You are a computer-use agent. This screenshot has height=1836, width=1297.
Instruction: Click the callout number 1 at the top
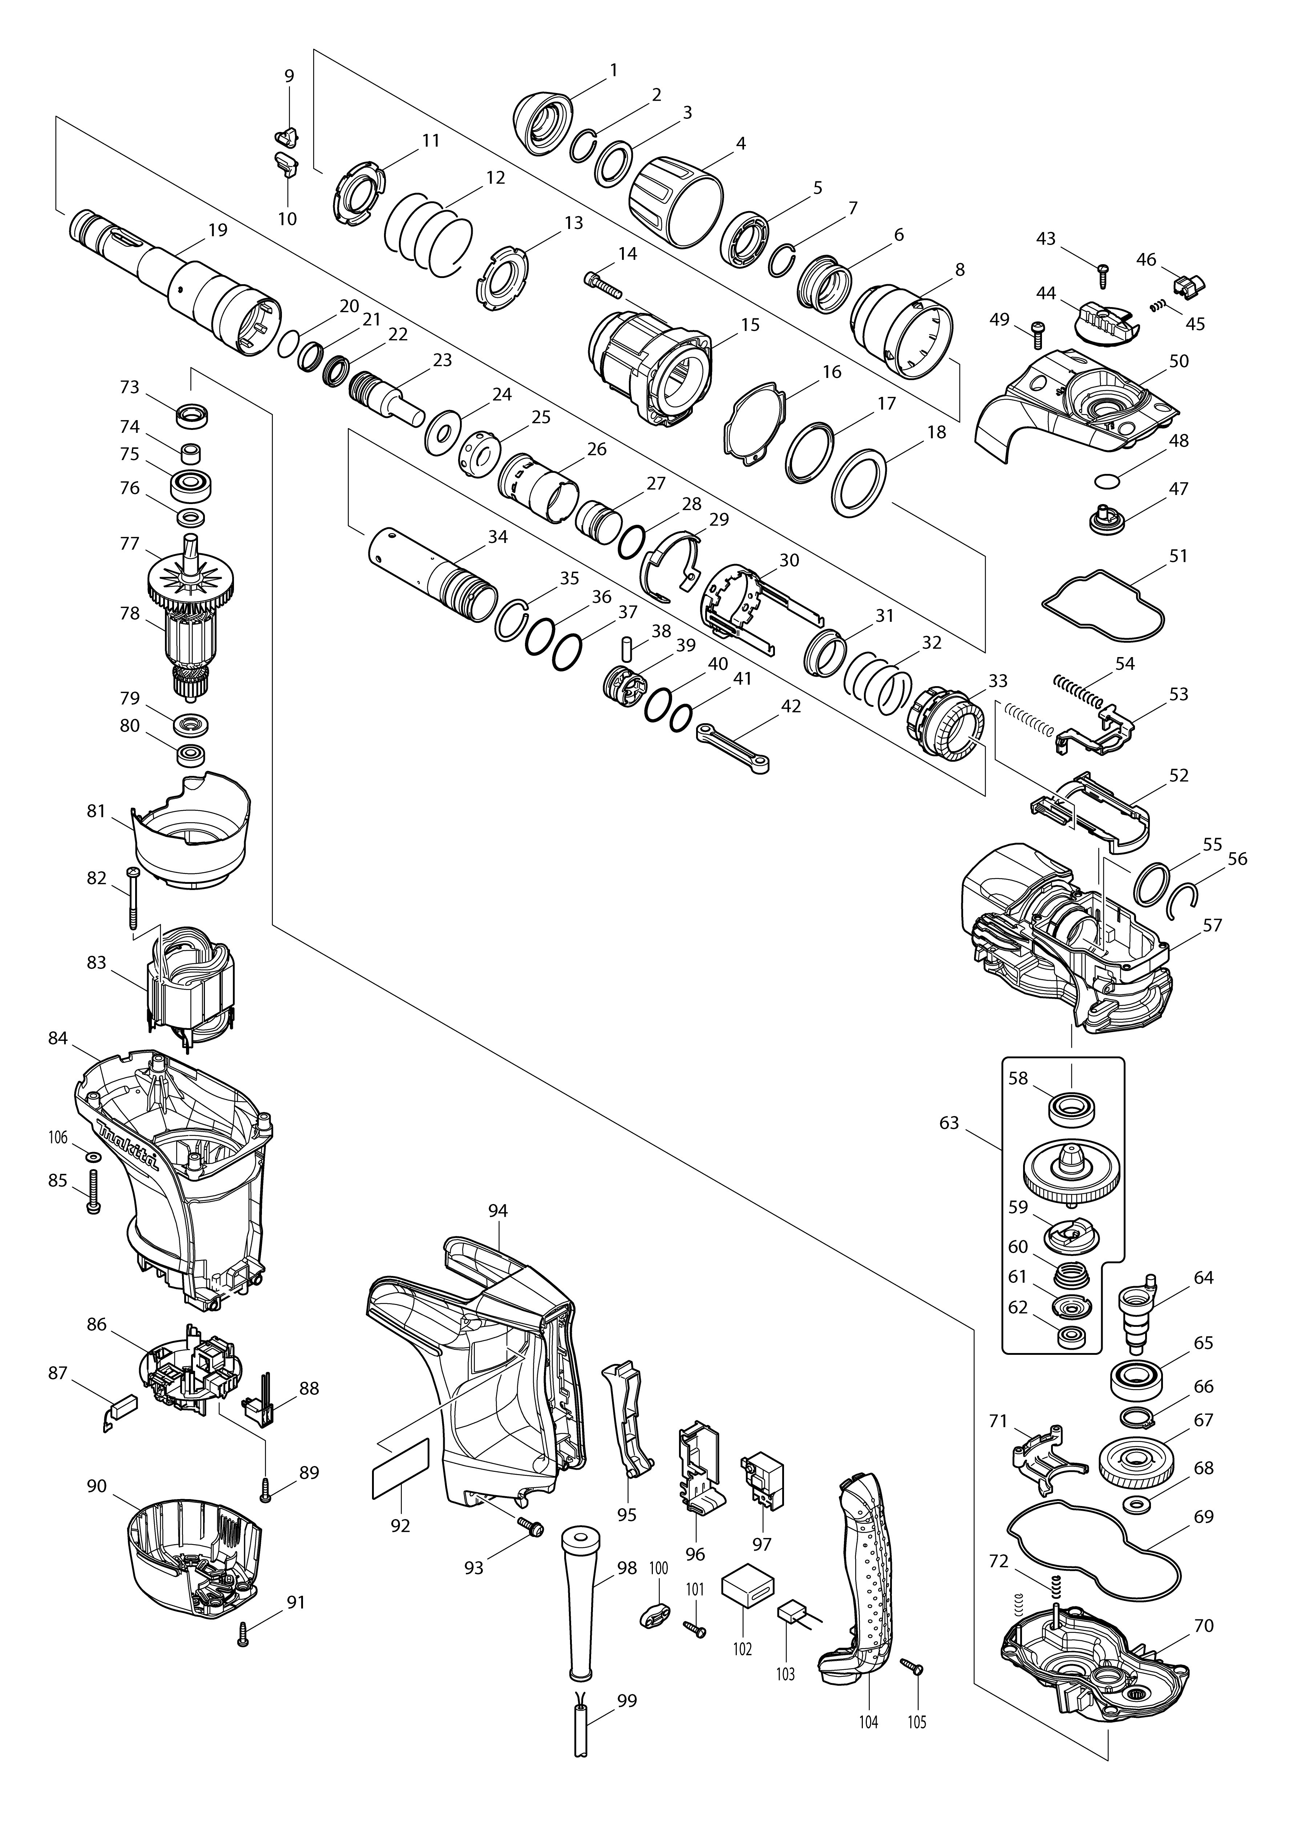(613, 71)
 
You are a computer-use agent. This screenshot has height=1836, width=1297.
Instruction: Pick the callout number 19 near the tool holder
(218, 230)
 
